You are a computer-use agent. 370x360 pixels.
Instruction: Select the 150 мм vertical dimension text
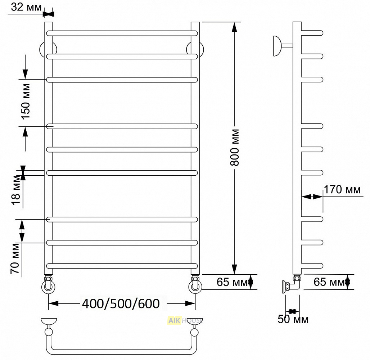pos(26,101)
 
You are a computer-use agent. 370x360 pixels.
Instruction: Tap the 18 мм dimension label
pos(16,190)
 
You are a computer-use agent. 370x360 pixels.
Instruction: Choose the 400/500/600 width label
pos(121,303)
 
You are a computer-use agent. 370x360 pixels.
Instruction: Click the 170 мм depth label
pos(342,189)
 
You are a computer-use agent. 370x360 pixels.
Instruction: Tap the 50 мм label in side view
pos(293,319)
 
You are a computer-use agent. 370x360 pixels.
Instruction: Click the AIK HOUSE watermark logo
pos(185,320)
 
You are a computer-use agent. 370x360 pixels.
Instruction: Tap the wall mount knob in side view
pos(277,46)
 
